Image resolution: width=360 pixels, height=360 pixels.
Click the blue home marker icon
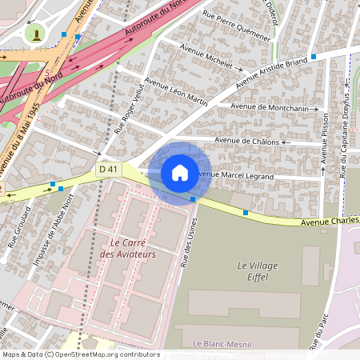[180, 173]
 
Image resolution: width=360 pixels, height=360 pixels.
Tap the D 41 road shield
[109, 169]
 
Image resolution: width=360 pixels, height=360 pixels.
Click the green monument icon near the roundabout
[34, 34]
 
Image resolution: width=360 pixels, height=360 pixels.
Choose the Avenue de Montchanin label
[269, 107]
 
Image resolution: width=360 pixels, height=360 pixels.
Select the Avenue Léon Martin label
[178, 94]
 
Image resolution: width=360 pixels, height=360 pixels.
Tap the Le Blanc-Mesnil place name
[223, 342]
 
